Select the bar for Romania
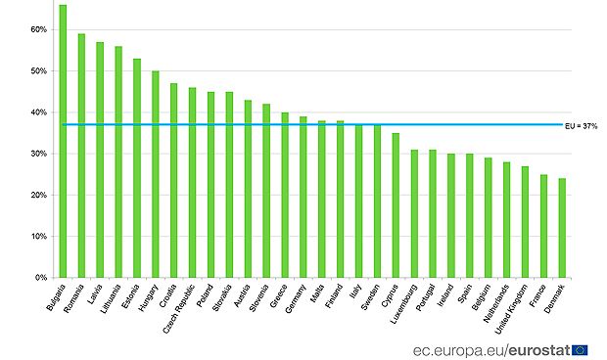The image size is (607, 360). tap(81, 157)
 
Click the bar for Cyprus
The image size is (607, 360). tap(396, 205)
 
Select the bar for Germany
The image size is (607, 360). tap(303, 197)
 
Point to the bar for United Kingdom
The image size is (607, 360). tap(525, 222)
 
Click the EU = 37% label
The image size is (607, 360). tap(582, 125)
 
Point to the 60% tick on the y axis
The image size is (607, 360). tap(39, 29)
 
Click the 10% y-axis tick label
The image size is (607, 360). tap(39, 236)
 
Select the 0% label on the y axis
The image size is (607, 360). tap(41, 278)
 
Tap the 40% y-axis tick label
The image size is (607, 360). tap(39, 112)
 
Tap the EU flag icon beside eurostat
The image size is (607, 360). tap(580, 347)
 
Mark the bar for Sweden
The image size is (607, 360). tap(377, 202)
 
